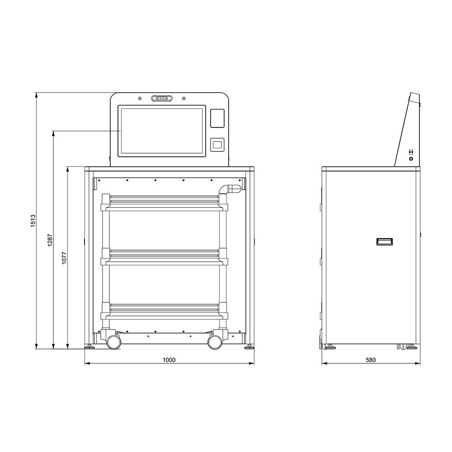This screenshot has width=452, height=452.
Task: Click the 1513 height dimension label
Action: click(x=33, y=221)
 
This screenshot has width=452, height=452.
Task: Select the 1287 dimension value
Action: click(x=50, y=240)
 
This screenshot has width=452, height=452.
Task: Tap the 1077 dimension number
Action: click(x=64, y=258)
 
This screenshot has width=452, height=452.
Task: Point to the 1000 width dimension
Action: click(x=169, y=360)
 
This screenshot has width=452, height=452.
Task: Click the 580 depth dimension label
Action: click(x=371, y=360)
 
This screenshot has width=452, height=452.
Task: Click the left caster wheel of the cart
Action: click(x=113, y=342)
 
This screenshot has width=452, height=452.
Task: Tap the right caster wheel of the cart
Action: click(x=214, y=342)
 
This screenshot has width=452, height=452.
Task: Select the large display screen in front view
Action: click(x=162, y=131)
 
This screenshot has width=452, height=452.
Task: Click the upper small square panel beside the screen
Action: click(x=217, y=118)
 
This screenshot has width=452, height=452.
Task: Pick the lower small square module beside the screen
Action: click(x=217, y=145)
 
